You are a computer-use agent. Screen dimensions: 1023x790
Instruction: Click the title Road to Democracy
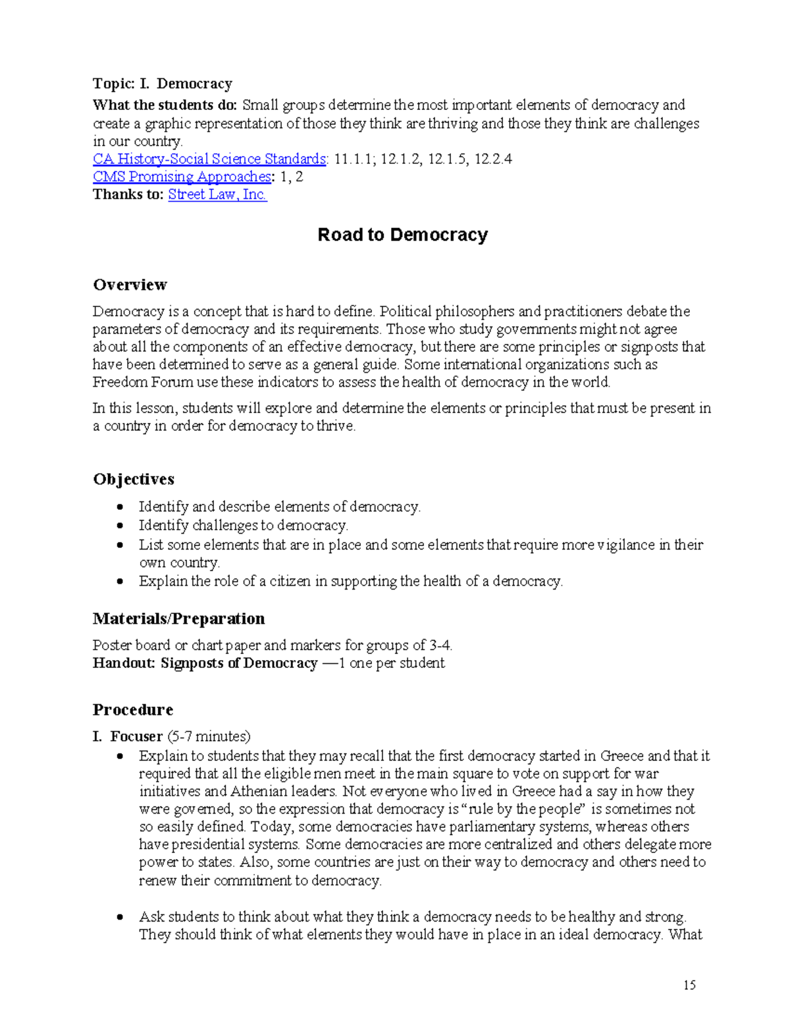point(402,235)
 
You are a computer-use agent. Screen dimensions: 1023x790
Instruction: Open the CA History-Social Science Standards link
point(209,159)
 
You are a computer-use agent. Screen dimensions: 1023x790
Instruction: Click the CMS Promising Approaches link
point(182,177)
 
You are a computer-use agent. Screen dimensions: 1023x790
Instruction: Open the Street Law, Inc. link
point(217,195)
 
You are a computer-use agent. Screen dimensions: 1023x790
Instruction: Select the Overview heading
point(130,285)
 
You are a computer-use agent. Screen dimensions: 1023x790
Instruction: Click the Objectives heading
point(134,480)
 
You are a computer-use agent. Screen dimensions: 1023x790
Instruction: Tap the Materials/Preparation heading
point(178,619)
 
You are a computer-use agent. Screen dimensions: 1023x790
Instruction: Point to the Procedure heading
point(132,710)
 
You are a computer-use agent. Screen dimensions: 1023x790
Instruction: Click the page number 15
point(689,985)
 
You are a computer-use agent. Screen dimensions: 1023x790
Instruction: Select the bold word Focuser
point(136,736)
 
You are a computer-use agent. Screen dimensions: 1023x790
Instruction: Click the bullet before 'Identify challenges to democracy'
point(120,526)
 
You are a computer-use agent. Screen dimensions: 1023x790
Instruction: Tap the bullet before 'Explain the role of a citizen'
point(120,582)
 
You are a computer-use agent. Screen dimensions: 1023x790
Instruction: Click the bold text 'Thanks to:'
point(128,195)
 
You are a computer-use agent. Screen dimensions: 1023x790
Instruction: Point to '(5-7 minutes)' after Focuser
point(208,736)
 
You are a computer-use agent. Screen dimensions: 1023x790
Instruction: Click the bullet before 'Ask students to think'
point(120,917)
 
